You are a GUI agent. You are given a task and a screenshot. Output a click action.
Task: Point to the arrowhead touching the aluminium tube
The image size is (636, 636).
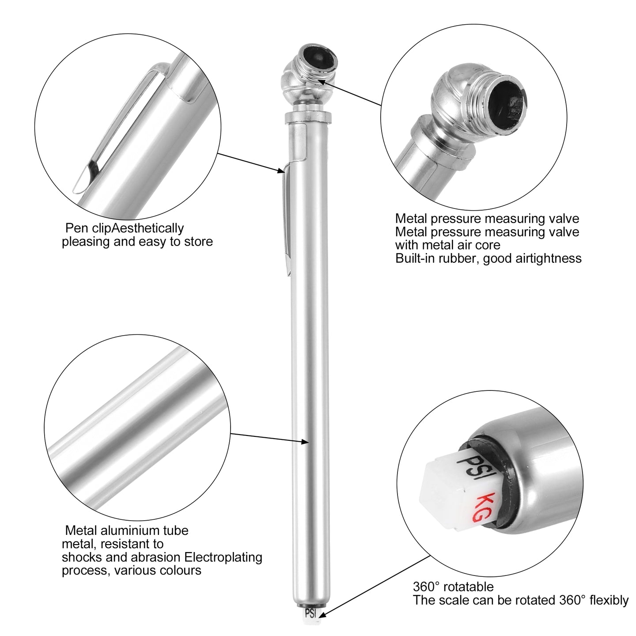click(304, 442)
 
